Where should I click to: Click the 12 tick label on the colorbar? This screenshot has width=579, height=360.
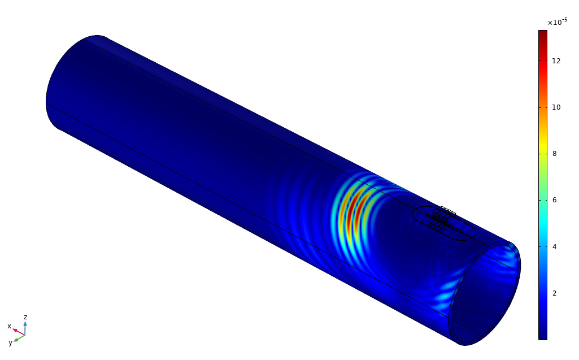pos(556,61)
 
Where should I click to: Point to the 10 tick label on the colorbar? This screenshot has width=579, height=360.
pos(556,107)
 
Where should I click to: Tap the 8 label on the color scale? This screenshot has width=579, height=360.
pos(554,154)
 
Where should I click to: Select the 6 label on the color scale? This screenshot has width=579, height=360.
pos(554,200)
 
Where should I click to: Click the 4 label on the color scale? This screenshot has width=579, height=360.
pos(554,246)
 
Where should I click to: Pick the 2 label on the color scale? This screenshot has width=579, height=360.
pos(554,293)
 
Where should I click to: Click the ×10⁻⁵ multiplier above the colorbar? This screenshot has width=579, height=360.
pos(558,22)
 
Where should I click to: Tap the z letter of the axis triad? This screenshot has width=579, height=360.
pos(25,317)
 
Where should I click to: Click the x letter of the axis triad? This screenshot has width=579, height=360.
pos(9,326)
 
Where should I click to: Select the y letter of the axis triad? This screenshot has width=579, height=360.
pos(10,342)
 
